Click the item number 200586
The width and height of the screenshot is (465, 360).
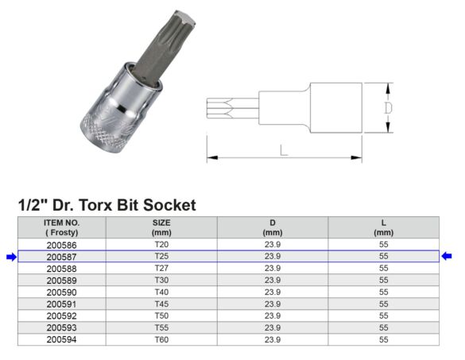(x=61, y=245)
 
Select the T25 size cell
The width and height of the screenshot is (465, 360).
(x=161, y=257)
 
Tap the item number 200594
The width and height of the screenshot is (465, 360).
(x=61, y=340)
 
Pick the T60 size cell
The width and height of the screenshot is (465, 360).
(x=161, y=340)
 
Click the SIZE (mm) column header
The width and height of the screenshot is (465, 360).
(x=161, y=227)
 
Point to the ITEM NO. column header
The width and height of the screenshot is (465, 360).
(x=61, y=227)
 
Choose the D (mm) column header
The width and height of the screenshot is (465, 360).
(x=273, y=227)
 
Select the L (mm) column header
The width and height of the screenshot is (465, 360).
(x=384, y=227)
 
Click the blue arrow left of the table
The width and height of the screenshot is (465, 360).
(x=10, y=257)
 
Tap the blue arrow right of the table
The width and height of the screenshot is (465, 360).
(x=447, y=257)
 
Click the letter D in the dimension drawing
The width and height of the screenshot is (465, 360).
(x=388, y=107)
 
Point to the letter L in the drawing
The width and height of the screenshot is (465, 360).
(x=284, y=150)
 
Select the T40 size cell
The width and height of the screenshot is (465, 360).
(x=161, y=292)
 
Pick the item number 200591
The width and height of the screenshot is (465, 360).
(x=61, y=304)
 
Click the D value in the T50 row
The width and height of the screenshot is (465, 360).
(x=273, y=316)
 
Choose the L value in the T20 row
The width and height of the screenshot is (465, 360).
(x=384, y=245)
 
